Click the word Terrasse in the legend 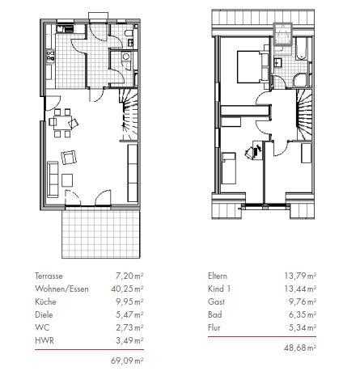click(x=49, y=276)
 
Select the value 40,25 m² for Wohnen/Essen click(x=127, y=289)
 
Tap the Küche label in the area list click(x=45, y=301)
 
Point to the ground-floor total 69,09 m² click(x=127, y=360)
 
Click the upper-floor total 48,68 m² click(x=300, y=348)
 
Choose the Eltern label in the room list click(x=218, y=276)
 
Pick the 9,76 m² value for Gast click(x=303, y=301)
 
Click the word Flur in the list click(x=214, y=327)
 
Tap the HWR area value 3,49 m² click(x=129, y=340)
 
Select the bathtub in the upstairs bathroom click(x=302, y=48)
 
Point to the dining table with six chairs click(x=62, y=123)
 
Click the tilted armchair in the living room click(x=69, y=158)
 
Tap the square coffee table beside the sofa click(x=67, y=180)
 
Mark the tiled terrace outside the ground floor click(x=101, y=234)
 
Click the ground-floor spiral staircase click(x=129, y=115)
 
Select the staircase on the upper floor click(x=304, y=115)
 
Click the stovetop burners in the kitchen click(x=50, y=56)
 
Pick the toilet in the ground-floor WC click(x=129, y=33)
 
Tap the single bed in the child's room click(x=229, y=168)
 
